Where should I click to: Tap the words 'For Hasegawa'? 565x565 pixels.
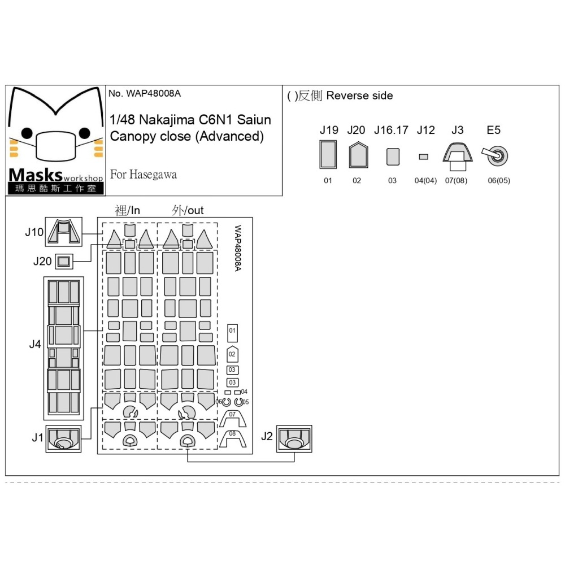(x=144, y=175)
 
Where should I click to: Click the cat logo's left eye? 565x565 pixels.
(x=27, y=133)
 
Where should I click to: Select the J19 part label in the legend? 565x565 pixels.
(x=329, y=130)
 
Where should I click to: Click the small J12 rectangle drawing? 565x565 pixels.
(x=423, y=157)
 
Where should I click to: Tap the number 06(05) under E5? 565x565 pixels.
(x=499, y=181)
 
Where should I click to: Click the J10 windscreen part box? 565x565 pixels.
(x=63, y=232)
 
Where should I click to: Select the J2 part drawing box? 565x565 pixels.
(x=294, y=438)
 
